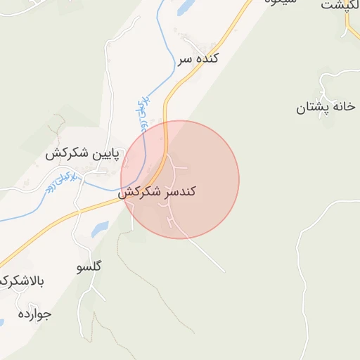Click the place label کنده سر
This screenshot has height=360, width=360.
tap(198, 59)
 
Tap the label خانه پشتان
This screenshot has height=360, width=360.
tap(324, 108)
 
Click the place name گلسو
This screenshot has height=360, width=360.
tap(88, 267)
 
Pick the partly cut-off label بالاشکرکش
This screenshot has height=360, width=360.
tap(21, 282)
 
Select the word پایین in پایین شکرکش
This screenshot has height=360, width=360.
tap(104, 153)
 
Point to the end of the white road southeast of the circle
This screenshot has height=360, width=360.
tap(224, 272)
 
